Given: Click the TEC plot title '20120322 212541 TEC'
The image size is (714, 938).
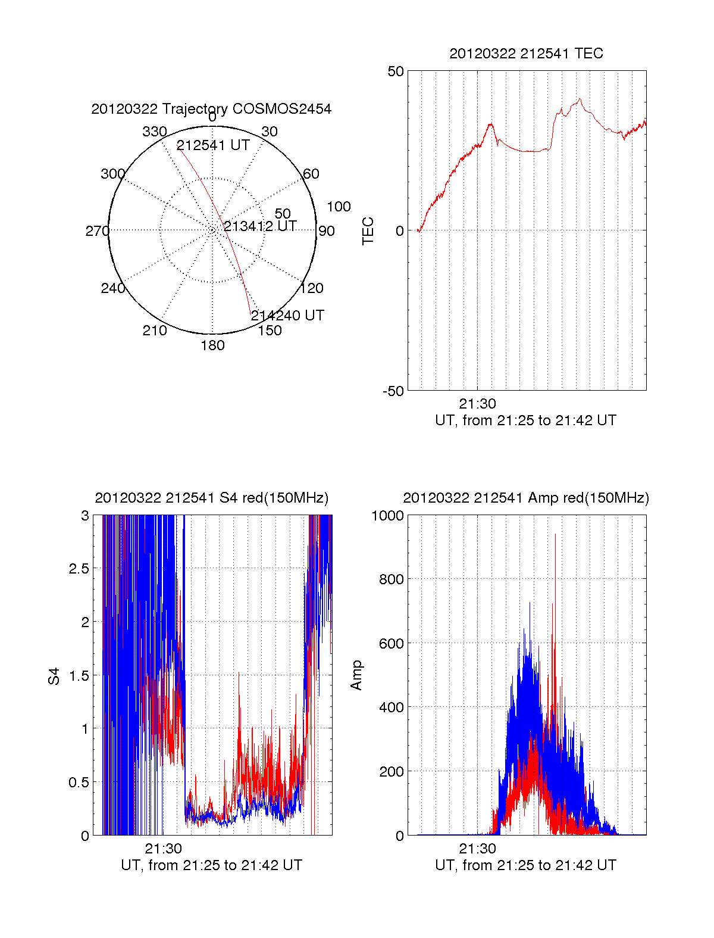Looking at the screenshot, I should (526, 54).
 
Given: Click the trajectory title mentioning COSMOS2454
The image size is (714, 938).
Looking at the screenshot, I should (211, 109).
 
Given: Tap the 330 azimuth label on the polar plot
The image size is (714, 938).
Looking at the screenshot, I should (155, 132).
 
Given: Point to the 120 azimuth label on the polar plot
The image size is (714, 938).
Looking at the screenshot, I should (312, 288).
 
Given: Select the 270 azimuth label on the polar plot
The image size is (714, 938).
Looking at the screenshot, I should (97, 231).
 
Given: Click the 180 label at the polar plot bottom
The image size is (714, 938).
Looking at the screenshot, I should (212, 345).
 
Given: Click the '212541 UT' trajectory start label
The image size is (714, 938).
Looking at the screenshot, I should (213, 146).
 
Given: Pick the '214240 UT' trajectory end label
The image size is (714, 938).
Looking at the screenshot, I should (287, 316).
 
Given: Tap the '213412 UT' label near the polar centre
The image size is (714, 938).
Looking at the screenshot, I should (260, 226).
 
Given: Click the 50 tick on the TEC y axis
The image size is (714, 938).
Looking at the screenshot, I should (396, 71).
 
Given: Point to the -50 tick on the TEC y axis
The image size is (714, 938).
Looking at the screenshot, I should (393, 391).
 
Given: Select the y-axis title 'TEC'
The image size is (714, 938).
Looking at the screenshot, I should (368, 231).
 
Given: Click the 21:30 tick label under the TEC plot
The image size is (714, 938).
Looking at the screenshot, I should (477, 404).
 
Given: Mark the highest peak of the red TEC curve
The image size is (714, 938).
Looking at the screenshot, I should (580, 99).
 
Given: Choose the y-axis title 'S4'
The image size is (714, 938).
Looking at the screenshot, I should (54, 676).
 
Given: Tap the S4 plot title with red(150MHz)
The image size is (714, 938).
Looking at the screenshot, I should (211, 498).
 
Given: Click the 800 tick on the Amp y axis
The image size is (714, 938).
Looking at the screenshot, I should (391, 579).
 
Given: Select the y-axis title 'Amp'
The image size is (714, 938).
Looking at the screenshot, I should (356, 675).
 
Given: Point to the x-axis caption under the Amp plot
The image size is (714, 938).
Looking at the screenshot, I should (525, 865).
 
